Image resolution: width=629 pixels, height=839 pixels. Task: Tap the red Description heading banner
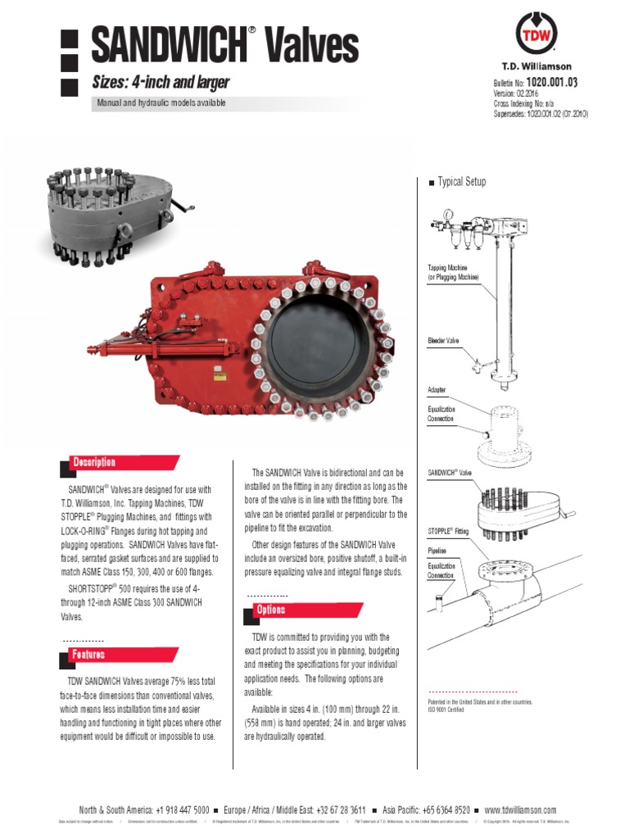click(x=123, y=462)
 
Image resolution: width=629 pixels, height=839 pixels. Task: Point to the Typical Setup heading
click(x=461, y=182)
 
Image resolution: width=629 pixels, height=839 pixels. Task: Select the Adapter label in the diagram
click(x=438, y=390)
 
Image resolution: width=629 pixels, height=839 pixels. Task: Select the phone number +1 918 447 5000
click(x=178, y=809)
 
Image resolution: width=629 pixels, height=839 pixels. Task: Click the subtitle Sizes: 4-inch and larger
click(x=160, y=83)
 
